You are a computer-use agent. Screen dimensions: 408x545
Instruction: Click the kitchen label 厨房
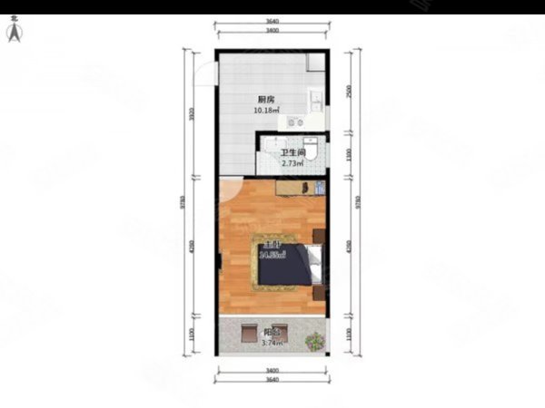click(x=266, y=100)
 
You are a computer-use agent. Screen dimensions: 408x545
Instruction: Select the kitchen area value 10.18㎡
click(x=267, y=111)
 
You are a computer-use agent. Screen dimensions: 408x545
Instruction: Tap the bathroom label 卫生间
click(x=292, y=153)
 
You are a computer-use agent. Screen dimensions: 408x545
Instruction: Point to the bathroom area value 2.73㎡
click(x=291, y=164)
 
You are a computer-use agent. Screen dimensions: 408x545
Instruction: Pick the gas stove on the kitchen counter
click(x=294, y=121)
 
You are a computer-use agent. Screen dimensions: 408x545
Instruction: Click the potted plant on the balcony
click(x=314, y=342)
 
